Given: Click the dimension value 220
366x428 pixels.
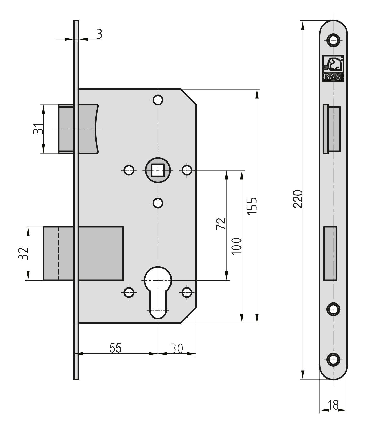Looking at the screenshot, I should pos(298,199).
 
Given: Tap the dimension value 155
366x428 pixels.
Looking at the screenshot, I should pos(252,206).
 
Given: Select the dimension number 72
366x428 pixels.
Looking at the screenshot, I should pos(221,224).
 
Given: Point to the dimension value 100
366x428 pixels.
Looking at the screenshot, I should pos(237,246).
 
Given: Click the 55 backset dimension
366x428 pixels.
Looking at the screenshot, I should pos(115,348).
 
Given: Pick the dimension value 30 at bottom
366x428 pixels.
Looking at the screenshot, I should pos(177,348).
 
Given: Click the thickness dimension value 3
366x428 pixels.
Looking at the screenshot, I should pos(99,34).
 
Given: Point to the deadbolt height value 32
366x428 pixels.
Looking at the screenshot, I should pos(23,253).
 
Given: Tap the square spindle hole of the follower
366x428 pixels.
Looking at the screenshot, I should pos(158,170).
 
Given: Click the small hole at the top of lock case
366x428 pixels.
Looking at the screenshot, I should pos(158,100).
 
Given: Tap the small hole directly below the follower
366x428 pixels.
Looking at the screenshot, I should pos(158,203).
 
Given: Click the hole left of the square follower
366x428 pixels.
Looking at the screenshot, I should pos(129,170).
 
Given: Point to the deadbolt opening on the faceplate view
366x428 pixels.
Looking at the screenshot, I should pos(330,254).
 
